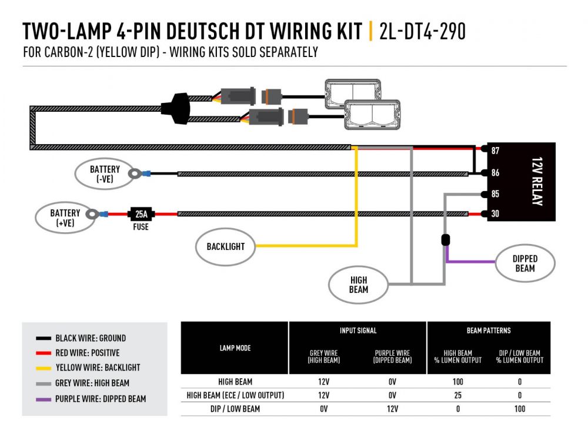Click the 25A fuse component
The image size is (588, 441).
pyautogui.click(x=141, y=214)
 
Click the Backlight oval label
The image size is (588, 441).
pyautogui.click(x=225, y=246)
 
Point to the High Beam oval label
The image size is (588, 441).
pyautogui.click(x=358, y=285)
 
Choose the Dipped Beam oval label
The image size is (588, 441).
pyautogui.click(x=524, y=263)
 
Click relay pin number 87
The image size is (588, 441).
pyautogui.click(x=495, y=151)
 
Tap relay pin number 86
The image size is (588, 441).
pyautogui.click(x=495, y=173)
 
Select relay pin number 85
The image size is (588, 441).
pyautogui.click(x=495, y=194)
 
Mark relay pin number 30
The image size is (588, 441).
pyautogui.click(x=495, y=214)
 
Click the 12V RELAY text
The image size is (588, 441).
pyautogui.click(x=535, y=182)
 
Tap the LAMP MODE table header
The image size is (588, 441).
pyautogui.click(x=235, y=348)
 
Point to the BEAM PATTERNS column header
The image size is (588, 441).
pyautogui.click(x=488, y=330)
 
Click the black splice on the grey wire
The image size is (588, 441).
pyautogui.click(x=445, y=240)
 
